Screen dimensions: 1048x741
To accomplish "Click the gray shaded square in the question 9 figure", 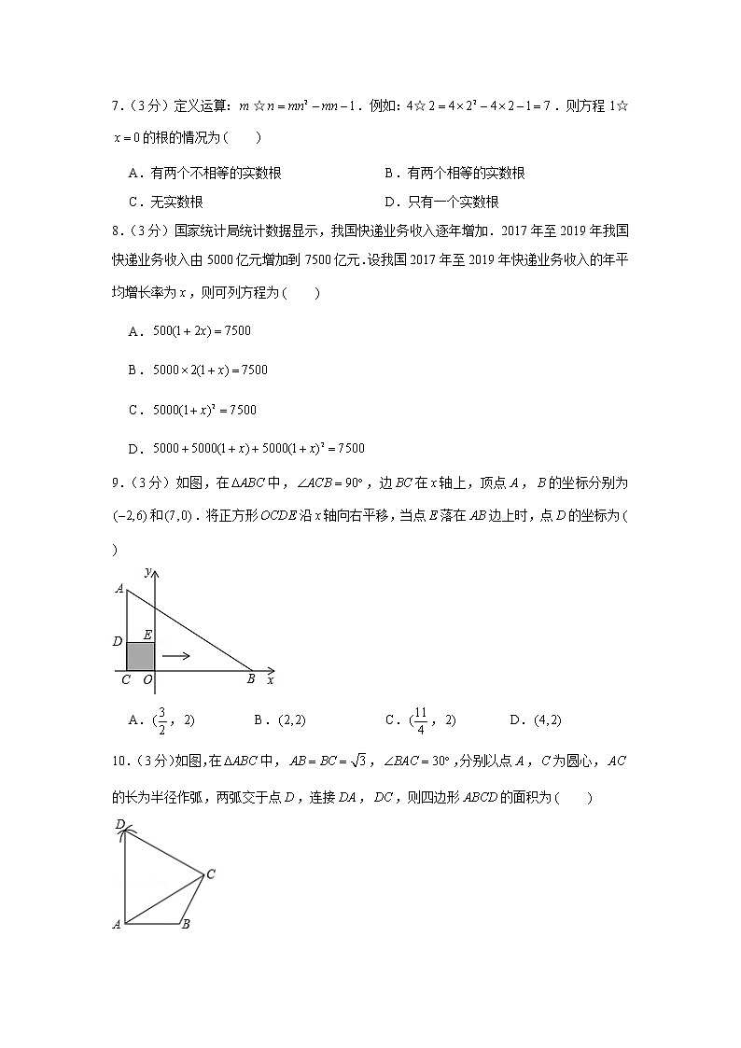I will click(140, 656).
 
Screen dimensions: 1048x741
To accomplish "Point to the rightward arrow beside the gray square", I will click(176, 655).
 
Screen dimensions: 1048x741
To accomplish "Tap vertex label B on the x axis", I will click(251, 680).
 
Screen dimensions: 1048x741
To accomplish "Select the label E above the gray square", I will click(147, 635).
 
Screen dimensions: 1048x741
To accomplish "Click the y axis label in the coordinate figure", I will click(148, 570).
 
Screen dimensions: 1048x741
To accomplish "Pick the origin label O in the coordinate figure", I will click(147, 680).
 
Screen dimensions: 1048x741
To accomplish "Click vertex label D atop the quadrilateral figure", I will click(119, 824).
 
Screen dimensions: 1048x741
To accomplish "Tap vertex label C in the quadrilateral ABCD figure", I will click(211, 874).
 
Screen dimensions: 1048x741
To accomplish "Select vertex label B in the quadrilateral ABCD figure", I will click(186, 925).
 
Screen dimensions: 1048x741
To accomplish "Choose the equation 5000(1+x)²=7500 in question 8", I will click(204, 409).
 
